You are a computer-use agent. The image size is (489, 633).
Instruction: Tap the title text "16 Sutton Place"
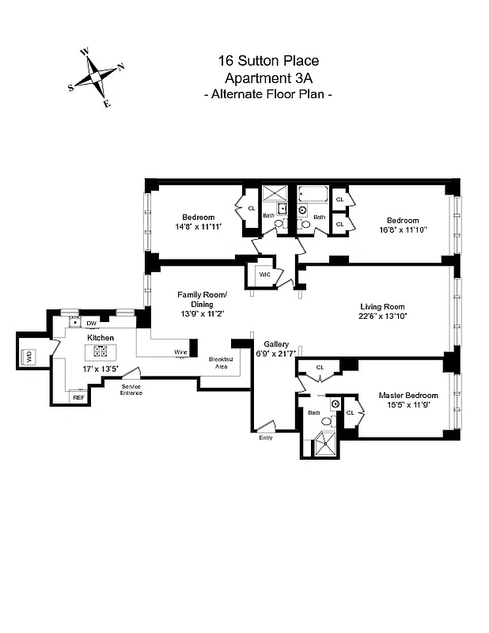click(x=268, y=61)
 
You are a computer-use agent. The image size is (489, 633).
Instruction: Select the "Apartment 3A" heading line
click(x=268, y=78)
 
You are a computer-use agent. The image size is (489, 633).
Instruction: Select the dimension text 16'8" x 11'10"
click(x=402, y=230)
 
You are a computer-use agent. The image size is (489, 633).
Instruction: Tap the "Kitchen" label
click(x=100, y=338)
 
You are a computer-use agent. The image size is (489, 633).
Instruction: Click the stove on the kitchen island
click(x=101, y=352)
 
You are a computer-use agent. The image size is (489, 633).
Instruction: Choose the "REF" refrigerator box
click(x=78, y=398)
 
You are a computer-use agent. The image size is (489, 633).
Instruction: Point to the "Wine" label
click(x=181, y=352)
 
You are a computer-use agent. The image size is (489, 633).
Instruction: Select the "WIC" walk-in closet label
click(x=264, y=274)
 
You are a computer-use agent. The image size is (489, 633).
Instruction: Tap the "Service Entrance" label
click(x=131, y=389)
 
